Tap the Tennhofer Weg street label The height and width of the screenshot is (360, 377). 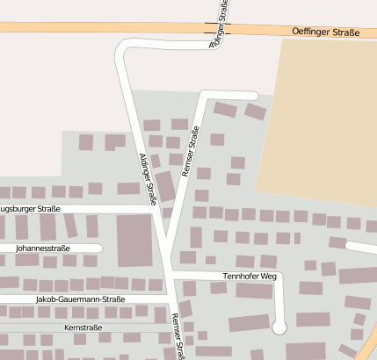(x=250, y=276)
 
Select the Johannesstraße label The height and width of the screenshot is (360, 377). (x=43, y=248)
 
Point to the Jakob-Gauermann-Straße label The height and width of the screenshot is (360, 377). (x=81, y=299)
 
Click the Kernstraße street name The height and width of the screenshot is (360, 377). (x=83, y=328)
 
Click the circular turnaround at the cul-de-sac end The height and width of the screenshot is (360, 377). (x=279, y=328)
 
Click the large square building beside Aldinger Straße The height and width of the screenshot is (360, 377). (x=134, y=239)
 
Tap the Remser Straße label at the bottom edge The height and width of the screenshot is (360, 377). (x=179, y=337)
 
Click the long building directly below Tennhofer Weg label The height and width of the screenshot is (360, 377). (x=253, y=291)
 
